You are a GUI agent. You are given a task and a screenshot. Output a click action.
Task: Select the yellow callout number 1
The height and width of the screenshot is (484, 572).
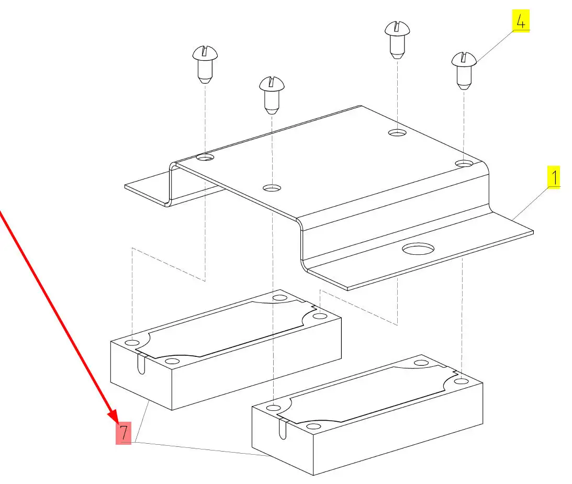click(x=553, y=177)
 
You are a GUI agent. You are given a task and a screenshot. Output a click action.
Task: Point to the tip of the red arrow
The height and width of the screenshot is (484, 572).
click(x=117, y=421)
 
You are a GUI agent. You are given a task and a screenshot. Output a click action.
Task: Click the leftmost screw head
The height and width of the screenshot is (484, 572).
click(x=205, y=53)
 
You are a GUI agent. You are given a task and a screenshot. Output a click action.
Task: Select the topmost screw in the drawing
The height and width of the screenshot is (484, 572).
click(x=397, y=28)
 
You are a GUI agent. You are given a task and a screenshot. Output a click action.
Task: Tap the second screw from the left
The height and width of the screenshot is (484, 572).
click(x=272, y=84)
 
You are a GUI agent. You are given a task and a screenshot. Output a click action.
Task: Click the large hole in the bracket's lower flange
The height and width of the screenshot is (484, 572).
click(x=418, y=248)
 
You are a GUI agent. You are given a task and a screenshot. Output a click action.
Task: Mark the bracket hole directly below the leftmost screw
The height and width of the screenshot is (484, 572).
click(x=205, y=157)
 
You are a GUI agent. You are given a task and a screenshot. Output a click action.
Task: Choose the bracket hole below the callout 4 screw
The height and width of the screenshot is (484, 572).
click(x=464, y=164)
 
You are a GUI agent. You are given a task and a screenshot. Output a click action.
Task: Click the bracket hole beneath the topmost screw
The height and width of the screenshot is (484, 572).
click(x=397, y=133)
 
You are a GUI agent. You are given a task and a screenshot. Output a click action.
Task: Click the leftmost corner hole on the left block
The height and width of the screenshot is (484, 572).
click(x=132, y=343)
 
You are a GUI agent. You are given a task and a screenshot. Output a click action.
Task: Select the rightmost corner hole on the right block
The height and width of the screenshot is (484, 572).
click(x=461, y=381)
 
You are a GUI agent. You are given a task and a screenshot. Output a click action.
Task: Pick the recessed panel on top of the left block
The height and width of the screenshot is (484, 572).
click(x=228, y=328)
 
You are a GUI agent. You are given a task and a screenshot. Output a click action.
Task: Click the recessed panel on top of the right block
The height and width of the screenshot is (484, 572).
click(x=366, y=392)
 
